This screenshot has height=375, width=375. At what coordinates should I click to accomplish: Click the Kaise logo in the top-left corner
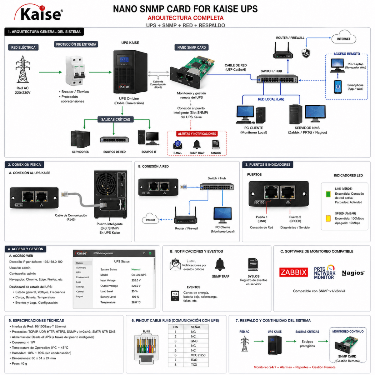point(39,13)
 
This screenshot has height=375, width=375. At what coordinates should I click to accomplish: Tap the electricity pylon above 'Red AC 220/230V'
point(22,69)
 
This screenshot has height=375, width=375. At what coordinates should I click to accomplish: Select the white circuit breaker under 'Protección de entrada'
point(75,71)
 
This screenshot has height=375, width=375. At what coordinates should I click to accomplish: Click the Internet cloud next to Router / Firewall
point(343,37)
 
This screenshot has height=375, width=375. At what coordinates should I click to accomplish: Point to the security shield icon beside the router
point(306,53)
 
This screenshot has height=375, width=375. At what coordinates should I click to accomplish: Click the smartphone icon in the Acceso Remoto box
point(337,87)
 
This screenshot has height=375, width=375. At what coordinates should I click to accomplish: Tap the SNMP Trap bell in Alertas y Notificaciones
point(197,145)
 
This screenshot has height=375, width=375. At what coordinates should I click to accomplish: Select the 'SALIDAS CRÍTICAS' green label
point(116,119)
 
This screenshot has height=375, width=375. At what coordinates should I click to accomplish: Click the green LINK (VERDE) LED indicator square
point(328,194)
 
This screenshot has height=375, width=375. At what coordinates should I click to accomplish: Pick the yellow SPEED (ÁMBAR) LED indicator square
point(328,218)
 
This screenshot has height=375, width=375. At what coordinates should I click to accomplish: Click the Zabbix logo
point(293,272)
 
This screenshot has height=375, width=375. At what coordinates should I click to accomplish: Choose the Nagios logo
point(353,273)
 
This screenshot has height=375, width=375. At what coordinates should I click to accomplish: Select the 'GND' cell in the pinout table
point(194,341)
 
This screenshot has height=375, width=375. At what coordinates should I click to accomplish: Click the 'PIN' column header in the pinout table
point(176,327)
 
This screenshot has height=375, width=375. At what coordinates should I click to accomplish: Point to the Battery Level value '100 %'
point(135,297)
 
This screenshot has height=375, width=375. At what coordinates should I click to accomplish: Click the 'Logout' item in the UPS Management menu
point(80,296)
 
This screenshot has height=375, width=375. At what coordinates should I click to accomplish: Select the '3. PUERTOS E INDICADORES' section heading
point(268,165)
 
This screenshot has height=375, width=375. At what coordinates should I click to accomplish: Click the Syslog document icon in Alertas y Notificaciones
point(216,144)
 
